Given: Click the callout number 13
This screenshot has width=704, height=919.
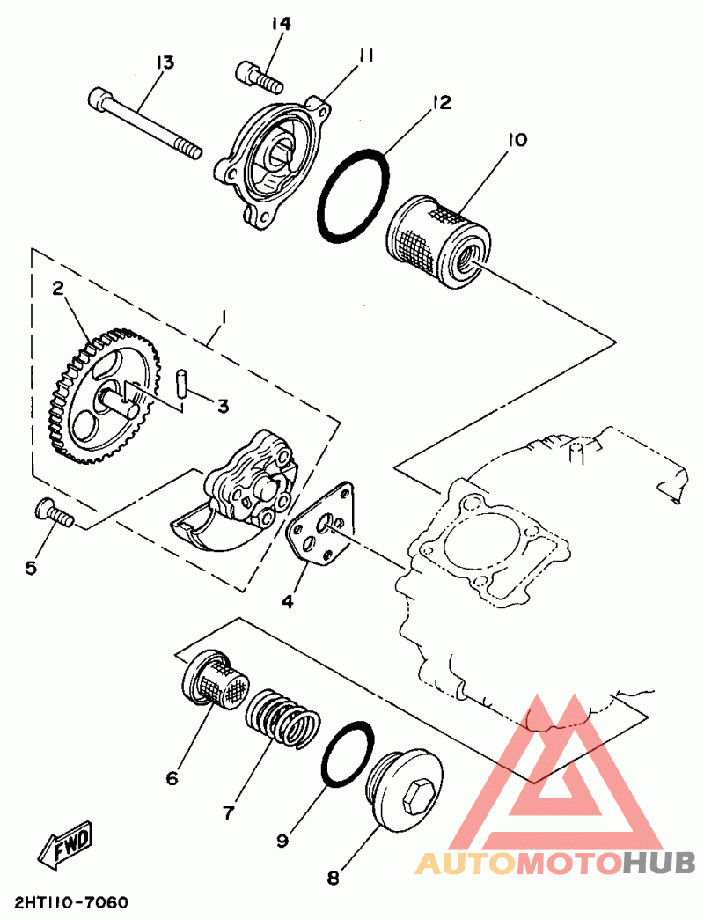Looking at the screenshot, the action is pos(165,62).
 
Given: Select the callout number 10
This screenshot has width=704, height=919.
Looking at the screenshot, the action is pos(517,140).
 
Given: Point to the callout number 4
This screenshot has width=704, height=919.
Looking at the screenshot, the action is pos(287,602).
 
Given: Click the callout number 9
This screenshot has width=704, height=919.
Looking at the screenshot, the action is pos(282,842).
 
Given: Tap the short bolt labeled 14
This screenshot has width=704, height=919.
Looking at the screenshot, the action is pos(257,77).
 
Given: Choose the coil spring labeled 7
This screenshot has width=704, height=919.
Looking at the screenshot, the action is pos(280,716).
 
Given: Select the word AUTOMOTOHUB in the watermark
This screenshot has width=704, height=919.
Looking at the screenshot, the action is pos(554,864).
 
